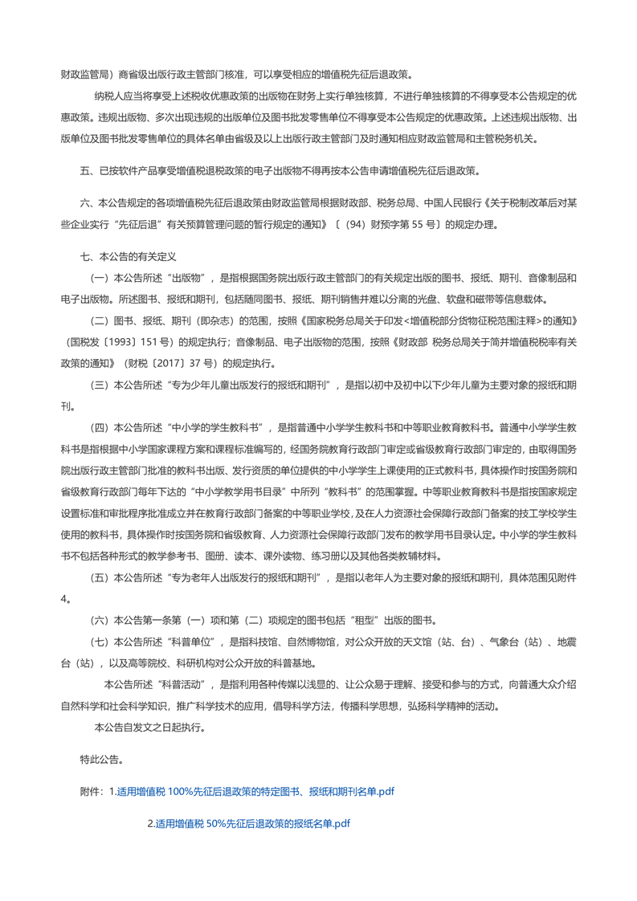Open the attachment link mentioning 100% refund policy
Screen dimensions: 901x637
pyautogui.click(x=255, y=791)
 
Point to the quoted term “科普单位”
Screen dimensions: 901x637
pyautogui.click(x=194, y=642)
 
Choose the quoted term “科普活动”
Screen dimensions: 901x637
pyautogui.click(x=174, y=684)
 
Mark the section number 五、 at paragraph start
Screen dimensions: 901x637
pyautogui.click(x=88, y=170)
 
